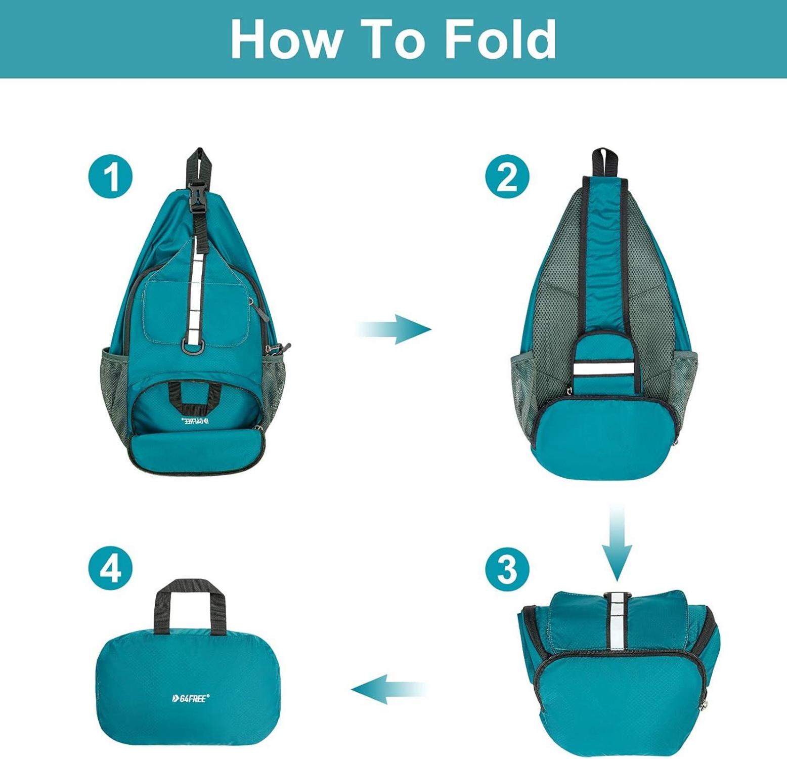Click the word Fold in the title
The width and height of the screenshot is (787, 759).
point(500,39)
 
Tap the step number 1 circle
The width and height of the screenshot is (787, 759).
point(111,177)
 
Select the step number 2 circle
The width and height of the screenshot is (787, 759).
point(507,177)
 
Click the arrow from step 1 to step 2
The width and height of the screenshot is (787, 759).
point(393,329)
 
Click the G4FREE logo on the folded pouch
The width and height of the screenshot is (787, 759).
point(190,698)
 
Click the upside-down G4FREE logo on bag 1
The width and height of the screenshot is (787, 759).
point(193,420)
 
